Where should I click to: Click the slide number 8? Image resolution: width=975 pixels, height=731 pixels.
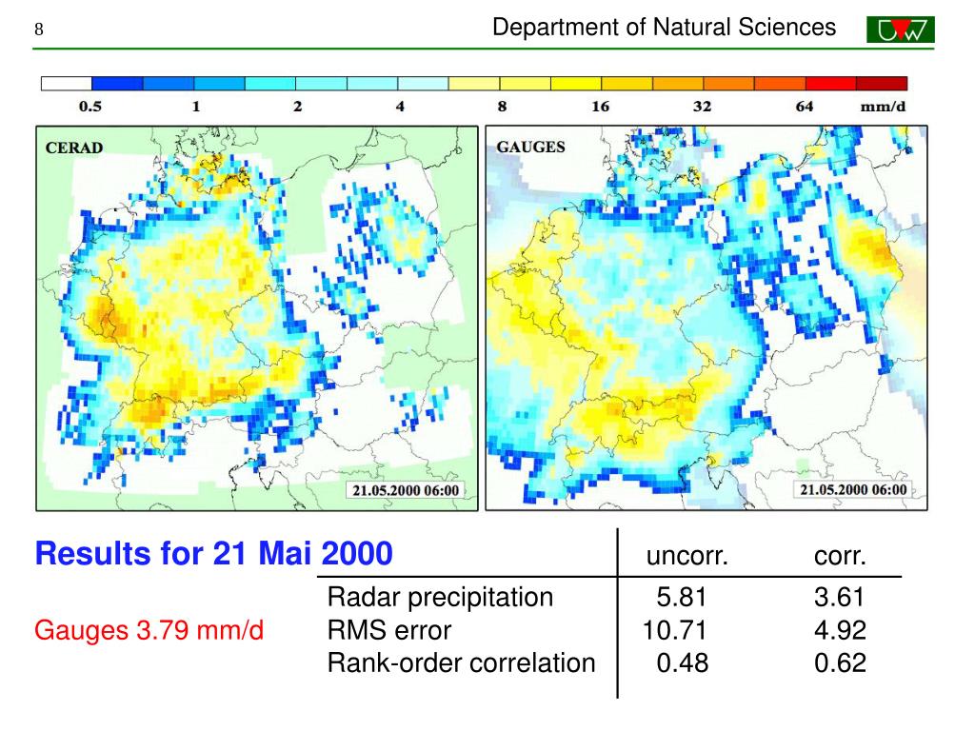click(39, 30)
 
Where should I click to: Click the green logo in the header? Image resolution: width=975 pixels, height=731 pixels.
click(901, 30)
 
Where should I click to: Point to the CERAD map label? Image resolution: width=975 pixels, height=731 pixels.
click(74, 148)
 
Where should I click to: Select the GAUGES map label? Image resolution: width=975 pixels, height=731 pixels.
click(530, 147)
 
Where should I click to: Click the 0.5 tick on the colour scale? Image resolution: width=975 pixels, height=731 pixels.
click(90, 107)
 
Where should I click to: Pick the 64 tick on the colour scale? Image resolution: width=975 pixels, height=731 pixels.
click(805, 107)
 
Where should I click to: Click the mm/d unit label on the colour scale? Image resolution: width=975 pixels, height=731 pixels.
click(883, 107)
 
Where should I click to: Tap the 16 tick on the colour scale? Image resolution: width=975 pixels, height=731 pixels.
click(600, 107)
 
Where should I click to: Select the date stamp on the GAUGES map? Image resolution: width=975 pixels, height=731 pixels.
click(853, 489)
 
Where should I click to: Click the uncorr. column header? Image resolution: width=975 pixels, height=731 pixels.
click(687, 557)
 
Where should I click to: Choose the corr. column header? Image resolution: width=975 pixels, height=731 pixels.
click(840, 557)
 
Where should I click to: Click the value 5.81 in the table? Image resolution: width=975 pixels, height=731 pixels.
click(682, 598)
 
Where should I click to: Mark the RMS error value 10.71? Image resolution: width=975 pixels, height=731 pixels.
click(675, 630)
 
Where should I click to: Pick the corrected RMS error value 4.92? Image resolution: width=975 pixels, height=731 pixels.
click(840, 630)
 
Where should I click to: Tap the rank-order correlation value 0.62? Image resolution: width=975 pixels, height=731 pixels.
click(840, 662)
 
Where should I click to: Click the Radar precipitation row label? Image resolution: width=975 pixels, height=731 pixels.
click(440, 598)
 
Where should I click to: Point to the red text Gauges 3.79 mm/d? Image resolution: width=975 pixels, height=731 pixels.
click(149, 630)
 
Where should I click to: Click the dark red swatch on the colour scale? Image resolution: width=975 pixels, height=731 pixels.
click(882, 84)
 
